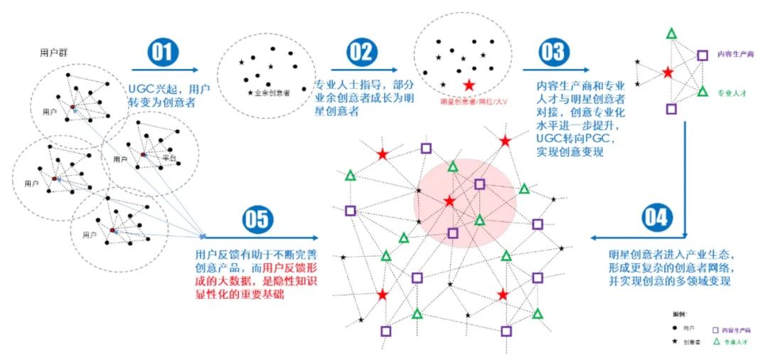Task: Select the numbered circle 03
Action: pos(552,53)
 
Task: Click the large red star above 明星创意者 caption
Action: pos(469,86)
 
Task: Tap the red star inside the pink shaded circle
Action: pos(449,202)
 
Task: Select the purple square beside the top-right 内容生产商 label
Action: pos(702,55)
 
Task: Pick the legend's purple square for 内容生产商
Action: pos(715,329)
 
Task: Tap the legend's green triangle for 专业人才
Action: pos(716,342)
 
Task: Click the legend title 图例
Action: pos(680,314)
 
